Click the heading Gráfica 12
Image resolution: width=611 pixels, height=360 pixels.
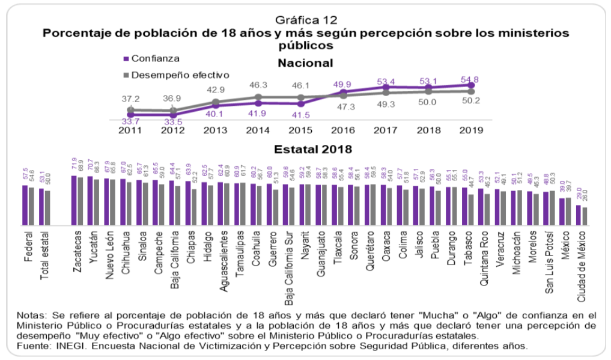tap(305, 20)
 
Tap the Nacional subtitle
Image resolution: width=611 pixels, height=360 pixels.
tap(305, 63)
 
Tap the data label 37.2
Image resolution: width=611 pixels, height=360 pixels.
tap(130, 98)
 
